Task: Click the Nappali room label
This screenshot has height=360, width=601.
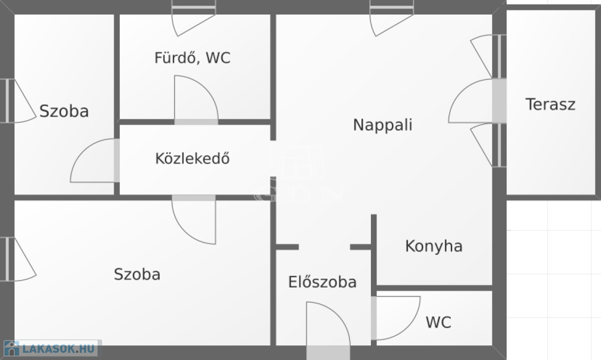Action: pyautogui.click(x=383, y=125)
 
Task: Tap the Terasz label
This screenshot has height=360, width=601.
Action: pyautogui.click(x=551, y=105)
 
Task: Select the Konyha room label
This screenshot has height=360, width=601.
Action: pyautogui.click(x=434, y=246)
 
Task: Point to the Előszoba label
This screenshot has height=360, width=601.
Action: pyautogui.click(x=322, y=282)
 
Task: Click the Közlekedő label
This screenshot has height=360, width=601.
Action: pyautogui.click(x=193, y=159)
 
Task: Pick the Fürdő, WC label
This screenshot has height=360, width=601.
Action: pyautogui.click(x=193, y=58)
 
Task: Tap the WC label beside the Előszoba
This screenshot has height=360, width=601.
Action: pyautogui.click(x=438, y=322)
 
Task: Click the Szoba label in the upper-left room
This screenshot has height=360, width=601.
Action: pyautogui.click(x=64, y=111)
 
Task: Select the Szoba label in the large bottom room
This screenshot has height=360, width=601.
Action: pyautogui.click(x=137, y=274)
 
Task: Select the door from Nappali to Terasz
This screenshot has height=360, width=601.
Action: pyautogui.click(x=477, y=101)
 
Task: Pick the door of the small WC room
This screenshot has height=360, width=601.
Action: pyautogui.click(x=396, y=318)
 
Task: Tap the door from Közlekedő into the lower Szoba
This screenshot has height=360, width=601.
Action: pyautogui.click(x=194, y=220)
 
